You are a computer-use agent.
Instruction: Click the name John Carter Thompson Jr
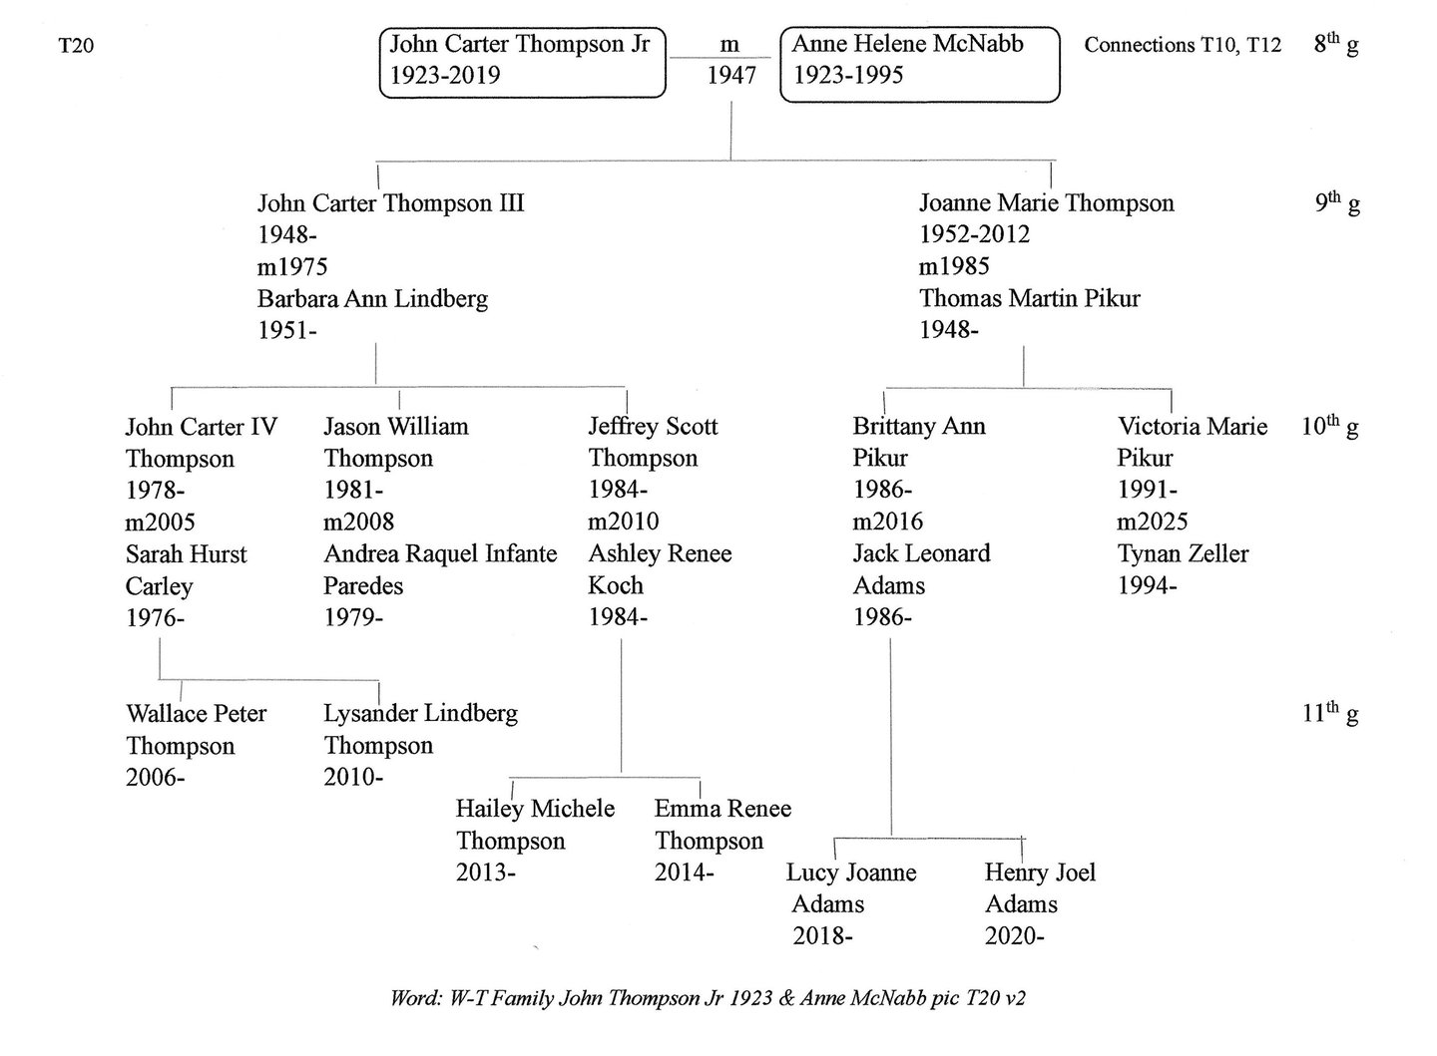click(520, 44)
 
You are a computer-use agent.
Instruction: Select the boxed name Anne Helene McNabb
click(908, 44)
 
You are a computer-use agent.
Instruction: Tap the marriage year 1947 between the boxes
click(731, 76)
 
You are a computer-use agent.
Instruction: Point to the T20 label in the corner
click(76, 46)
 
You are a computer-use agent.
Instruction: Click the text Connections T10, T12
click(1183, 45)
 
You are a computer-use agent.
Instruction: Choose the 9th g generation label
click(1337, 202)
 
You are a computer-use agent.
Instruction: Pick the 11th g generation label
click(1330, 713)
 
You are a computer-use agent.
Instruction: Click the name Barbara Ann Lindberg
click(373, 299)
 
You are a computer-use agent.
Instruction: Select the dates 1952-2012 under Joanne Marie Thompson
click(974, 234)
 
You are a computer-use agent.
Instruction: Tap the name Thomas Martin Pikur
click(1030, 298)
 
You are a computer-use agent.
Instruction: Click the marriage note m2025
click(1153, 522)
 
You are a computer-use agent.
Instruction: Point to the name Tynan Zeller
click(1183, 554)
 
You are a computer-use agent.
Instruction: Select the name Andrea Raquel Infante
click(440, 554)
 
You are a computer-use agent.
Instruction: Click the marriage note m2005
click(160, 523)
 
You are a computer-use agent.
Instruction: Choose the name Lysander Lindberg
click(421, 714)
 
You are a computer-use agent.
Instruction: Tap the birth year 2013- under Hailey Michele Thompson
click(486, 873)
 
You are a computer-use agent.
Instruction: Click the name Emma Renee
click(722, 809)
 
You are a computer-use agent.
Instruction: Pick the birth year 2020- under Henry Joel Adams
click(1015, 936)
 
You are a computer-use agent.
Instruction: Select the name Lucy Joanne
click(851, 873)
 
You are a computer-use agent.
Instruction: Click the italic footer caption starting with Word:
click(709, 998)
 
